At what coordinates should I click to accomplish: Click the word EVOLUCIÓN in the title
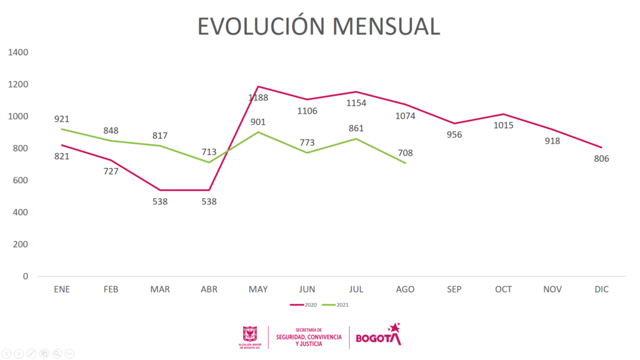261,26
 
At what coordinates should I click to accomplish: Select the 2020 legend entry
304,304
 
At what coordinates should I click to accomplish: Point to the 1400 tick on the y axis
19,52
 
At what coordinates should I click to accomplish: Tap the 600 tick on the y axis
21,181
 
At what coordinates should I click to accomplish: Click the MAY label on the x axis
258,289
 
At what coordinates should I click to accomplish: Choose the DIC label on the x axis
601,289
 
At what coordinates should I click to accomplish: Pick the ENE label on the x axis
62,289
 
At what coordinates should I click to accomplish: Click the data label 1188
258,97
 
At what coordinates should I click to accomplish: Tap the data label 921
61,119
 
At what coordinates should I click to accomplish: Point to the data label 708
405,152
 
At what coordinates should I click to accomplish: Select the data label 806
601,159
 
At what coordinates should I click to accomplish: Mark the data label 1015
503,125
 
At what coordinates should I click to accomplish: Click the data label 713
209,151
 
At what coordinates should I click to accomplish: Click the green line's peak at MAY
258,132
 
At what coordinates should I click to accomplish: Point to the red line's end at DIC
601,147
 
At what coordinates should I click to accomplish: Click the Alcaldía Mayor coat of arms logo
250,334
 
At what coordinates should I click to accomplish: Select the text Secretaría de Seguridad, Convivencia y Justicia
309,337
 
